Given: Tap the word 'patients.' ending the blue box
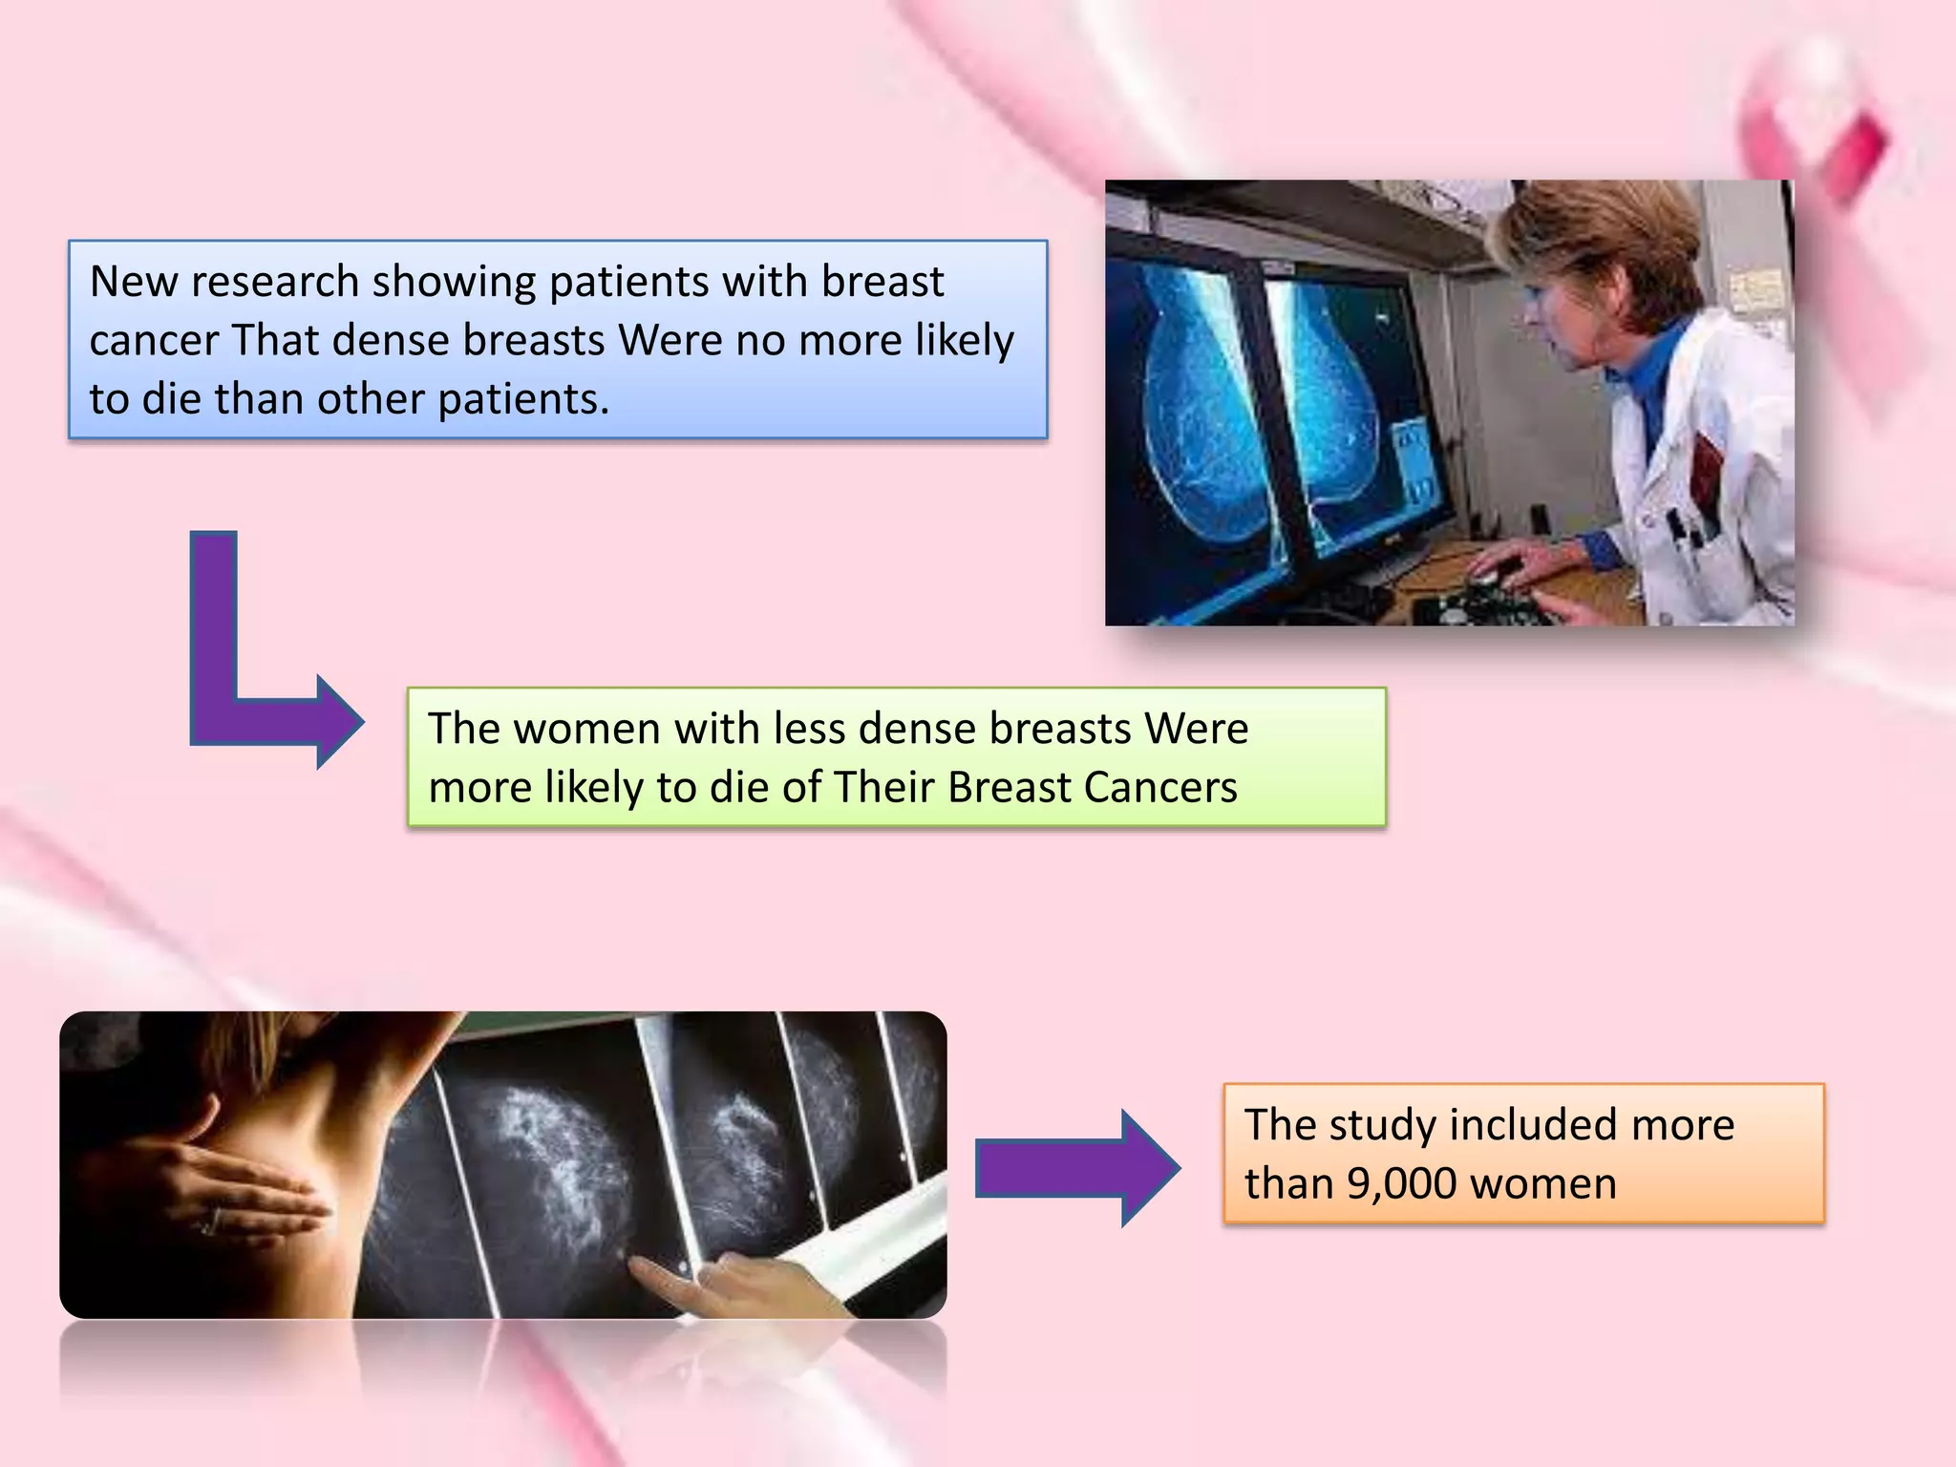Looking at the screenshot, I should point(522,399).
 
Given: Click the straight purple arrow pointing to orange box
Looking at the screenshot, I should point(1077,1168).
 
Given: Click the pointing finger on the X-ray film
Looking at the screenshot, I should point(659,1270).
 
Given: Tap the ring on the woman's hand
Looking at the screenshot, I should point(212,1220).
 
